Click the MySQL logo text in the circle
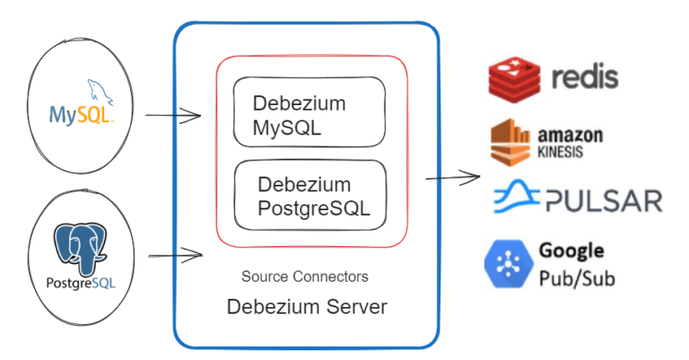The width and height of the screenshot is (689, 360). [80, 116]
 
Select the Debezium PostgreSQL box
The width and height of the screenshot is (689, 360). [310, 197]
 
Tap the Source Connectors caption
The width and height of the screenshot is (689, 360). [304, 277]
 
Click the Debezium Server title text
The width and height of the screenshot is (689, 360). [307, 307]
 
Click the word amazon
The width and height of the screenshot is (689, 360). [570, 135]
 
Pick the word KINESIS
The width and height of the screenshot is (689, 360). [561, 153]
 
